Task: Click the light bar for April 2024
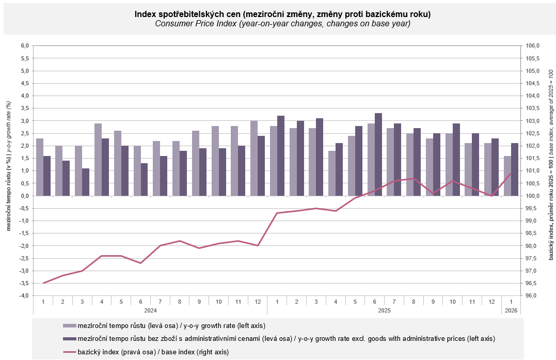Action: click(98, 160)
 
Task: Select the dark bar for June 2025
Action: click(378, 154)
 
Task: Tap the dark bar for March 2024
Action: click(86, 182)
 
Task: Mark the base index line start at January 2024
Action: click(44, 283)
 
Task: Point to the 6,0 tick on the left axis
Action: click(24, 46)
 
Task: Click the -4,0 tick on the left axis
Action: click(24, 296)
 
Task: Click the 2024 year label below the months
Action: click(150, 311)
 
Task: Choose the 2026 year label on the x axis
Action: click(511, 311)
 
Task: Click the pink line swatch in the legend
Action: click(69, 352)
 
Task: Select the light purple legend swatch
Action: click(69, 326)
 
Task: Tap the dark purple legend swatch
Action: click(69, 339)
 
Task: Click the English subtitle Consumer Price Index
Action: click(282, 24)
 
